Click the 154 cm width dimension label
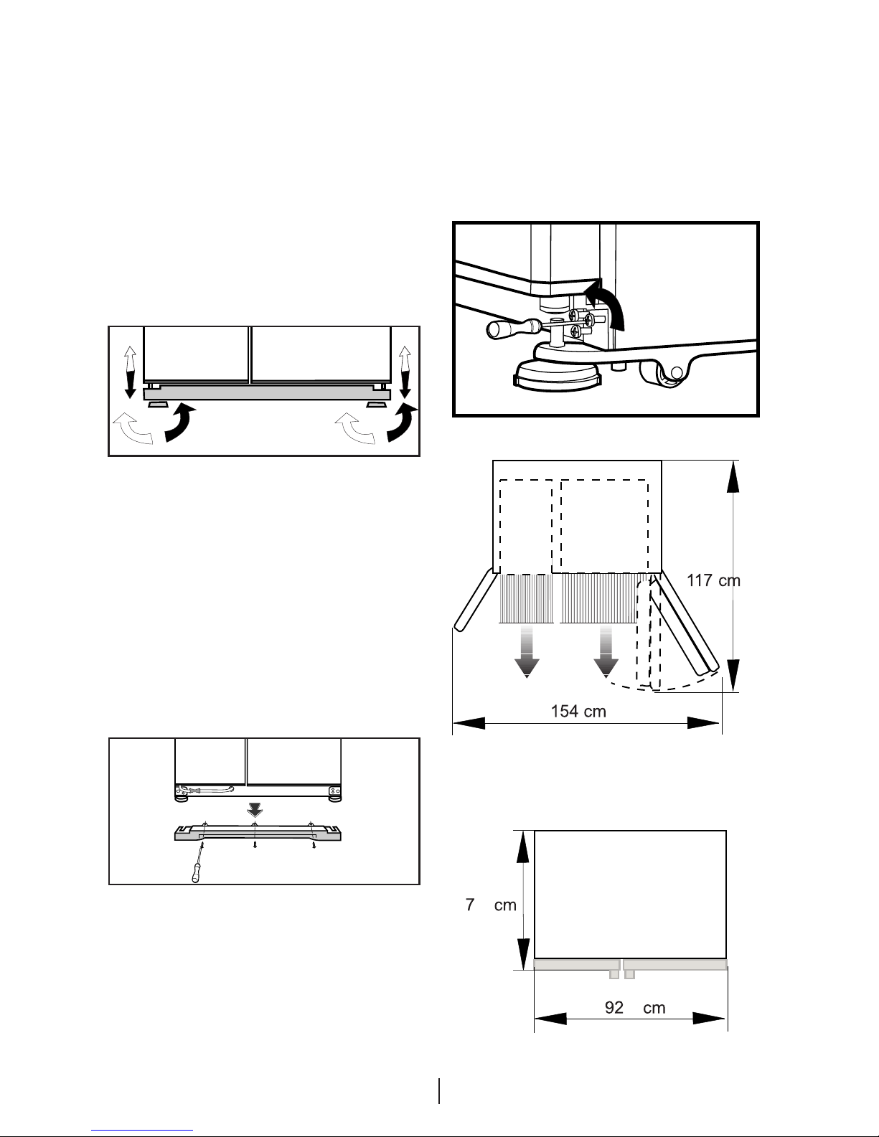578,711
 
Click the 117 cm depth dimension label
713,580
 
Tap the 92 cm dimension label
634,1007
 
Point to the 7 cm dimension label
491,905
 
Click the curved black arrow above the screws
608,303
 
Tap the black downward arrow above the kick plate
255,810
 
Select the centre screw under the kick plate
255,844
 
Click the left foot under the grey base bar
158,404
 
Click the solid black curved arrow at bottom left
179,424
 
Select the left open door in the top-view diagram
475,600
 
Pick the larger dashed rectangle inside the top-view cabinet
604,526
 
